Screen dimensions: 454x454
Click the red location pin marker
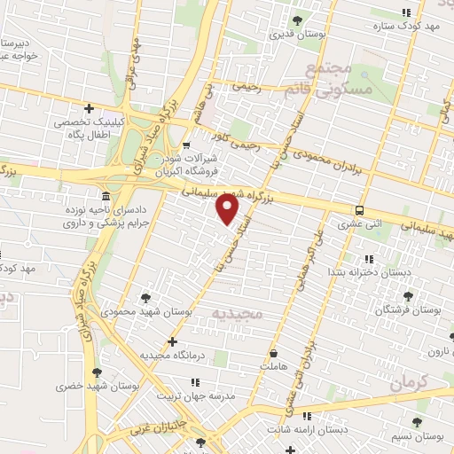229,209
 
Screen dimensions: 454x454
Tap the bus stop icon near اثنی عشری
360,210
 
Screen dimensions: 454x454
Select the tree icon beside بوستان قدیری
297,20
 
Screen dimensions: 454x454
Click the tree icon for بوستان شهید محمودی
145,297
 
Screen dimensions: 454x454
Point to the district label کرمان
409,383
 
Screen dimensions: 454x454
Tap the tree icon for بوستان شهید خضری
97,372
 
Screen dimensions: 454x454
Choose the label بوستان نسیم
417,436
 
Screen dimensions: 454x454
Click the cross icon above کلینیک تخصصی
89,108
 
